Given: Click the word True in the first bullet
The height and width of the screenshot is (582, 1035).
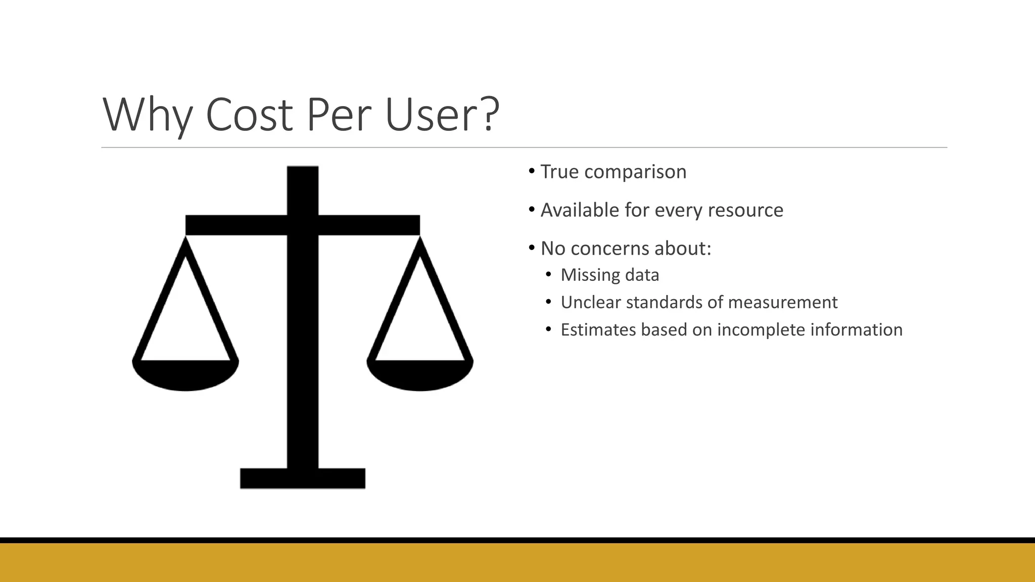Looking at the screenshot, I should coord(559,172).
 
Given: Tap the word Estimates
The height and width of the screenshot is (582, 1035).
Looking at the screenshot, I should coord(598,329).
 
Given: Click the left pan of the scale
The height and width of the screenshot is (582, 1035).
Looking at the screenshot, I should coord(185,375).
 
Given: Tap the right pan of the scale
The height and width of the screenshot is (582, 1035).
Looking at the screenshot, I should coord(420,375).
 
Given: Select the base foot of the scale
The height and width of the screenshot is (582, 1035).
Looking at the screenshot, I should coord(302,478).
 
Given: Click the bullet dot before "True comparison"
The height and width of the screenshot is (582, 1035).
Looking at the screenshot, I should coord(532,171).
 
